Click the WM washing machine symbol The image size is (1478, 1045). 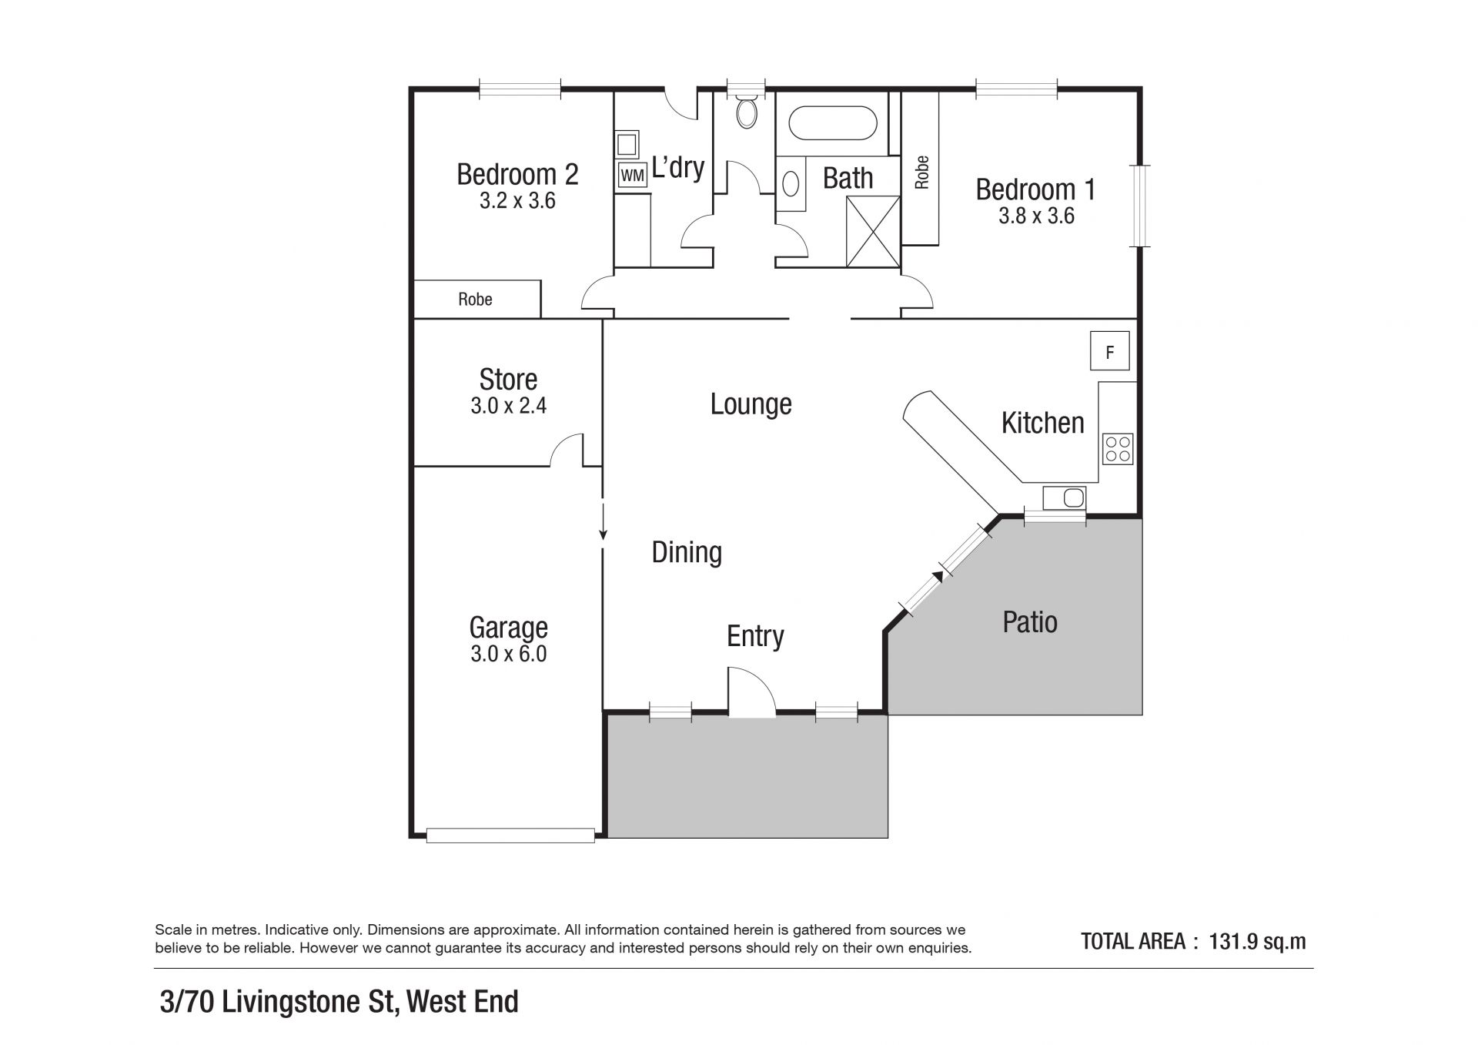click(x=632, y=176)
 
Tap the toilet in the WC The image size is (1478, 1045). click(x=746, y=112)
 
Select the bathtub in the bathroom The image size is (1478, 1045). click(x=833, y=124)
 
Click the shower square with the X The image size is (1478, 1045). click(x=872, y=232)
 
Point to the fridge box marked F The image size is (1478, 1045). click(x=1109, y=351)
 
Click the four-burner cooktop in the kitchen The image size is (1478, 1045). click(x=1118, y=449)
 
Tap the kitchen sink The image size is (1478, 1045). click(x=1065, y=497)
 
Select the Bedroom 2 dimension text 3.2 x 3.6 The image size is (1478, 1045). click(x=517, y=201)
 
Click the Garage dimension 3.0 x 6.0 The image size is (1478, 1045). click(x=508, y=654)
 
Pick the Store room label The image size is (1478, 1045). click(x=508, y=379)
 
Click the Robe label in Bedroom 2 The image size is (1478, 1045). click(x=475, y=299)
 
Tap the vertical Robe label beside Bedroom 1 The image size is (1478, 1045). click(x=921, y=172)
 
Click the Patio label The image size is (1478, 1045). click(x=1030, y=622)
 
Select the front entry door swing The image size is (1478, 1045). click(x=751, y=692)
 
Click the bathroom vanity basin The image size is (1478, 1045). click(x=791, y=184)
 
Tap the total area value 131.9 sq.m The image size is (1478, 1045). click(x=1258, y=941)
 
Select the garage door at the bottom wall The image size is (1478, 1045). click(x=510, y=835)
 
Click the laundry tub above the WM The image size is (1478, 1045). click(x=627, y=145)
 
